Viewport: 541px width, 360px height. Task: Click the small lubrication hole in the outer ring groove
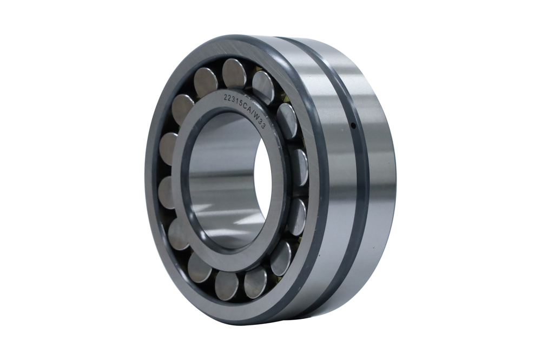tap(353, 126)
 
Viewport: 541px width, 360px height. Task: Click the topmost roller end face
tap(234, 73)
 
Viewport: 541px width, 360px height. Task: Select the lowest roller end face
tap(227, 285)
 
